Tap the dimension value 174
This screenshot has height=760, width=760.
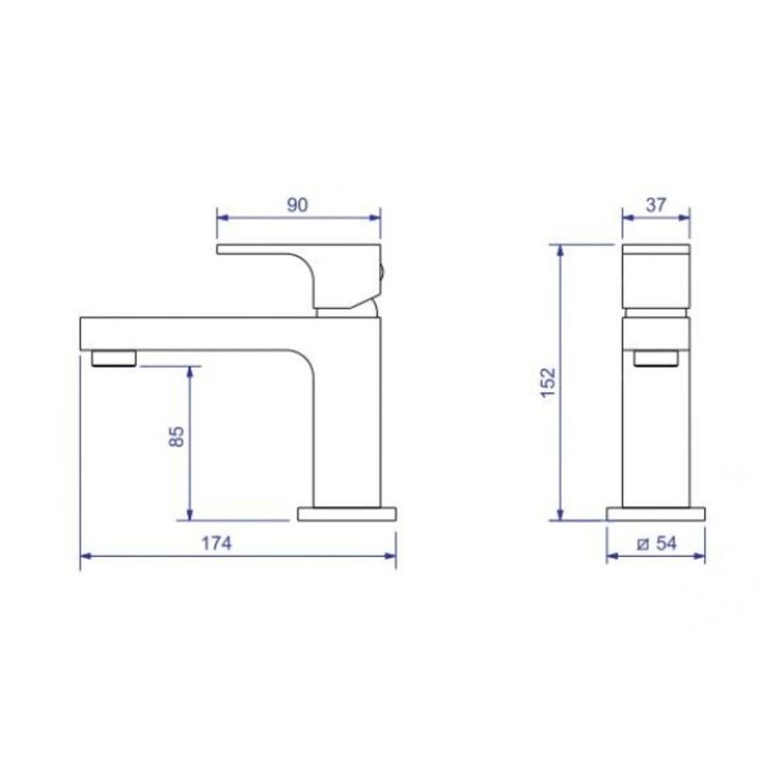tap(218, 543)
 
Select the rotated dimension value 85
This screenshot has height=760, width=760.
tap(175, 439)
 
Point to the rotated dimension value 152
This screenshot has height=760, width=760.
tap(545, 382)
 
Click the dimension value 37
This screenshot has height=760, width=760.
tap(656, 202)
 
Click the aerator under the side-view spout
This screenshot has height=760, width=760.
tap(113, 357)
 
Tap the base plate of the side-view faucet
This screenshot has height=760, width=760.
tap(348, 514)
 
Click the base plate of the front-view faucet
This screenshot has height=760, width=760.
tap(656, 514)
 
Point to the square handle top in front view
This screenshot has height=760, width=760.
tap(656, 276)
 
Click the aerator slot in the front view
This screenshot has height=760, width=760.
tap(656, 357)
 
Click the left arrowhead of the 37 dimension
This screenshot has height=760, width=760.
tap(626, 217)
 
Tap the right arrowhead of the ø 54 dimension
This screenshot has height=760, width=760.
tap(701, 559)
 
